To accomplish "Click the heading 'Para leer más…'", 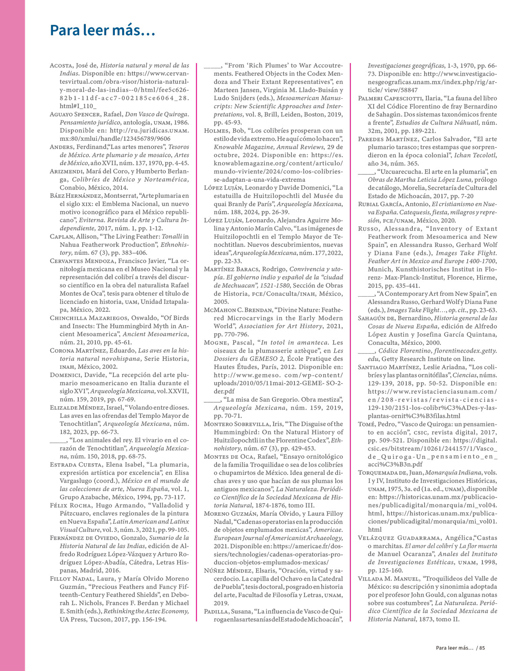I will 102,30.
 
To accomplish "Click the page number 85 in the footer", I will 482,648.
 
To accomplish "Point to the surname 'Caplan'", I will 62,237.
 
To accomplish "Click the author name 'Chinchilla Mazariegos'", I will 89,318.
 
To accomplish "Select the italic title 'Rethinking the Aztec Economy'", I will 146,611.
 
